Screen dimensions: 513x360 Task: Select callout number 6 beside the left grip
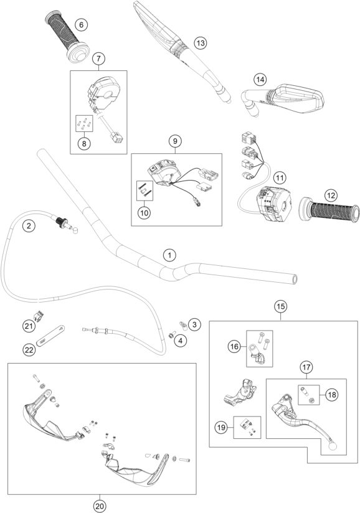pyautogui.click(x=80, y=26)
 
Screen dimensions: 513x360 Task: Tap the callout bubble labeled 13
pyautogui.click(x=199, y=43)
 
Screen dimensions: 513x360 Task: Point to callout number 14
pyautogui.click(x=260, y=79)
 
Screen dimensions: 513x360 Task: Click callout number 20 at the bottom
pyautogui.click(x=100, y=505)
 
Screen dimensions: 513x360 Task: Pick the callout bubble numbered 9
pyautogui.click(x=175, y=141)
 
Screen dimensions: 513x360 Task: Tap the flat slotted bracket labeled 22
pyautogui.click(x=53, y=335)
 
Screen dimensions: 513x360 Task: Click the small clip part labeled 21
pyautogui.click(x=39, y=316)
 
